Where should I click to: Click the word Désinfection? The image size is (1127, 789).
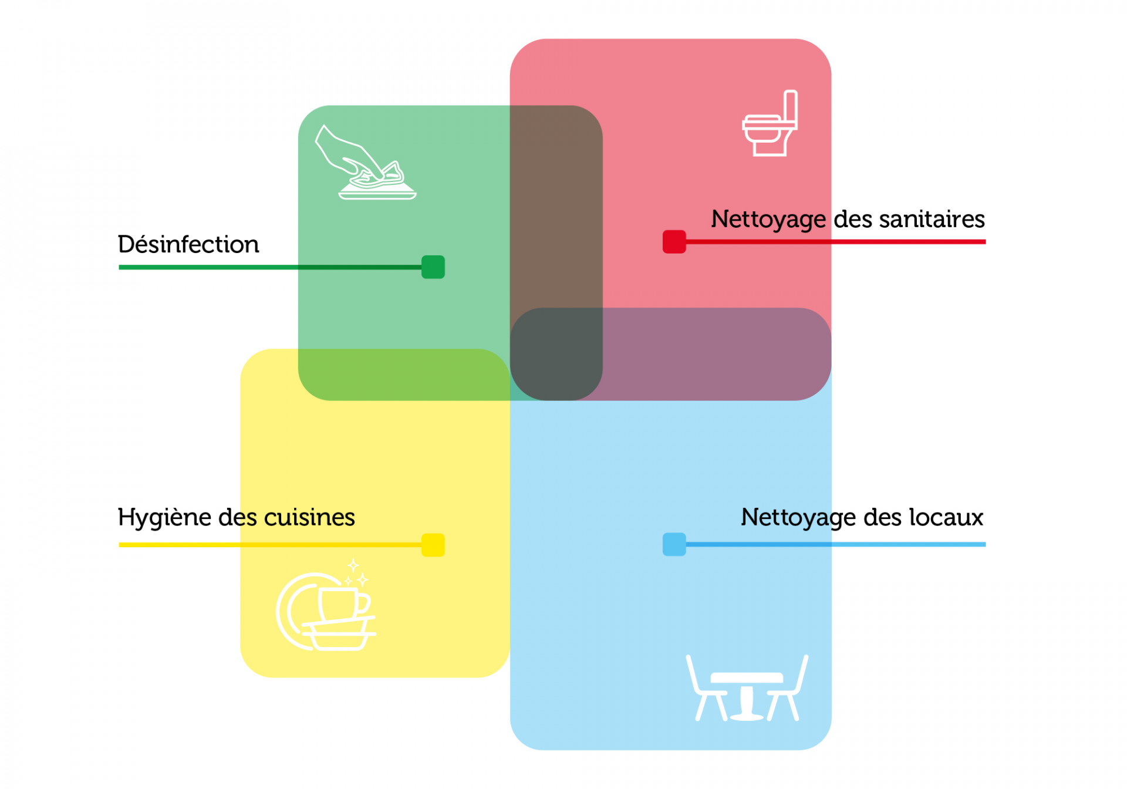(x=188, y=244)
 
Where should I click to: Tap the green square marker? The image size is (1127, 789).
(x=433, y=267)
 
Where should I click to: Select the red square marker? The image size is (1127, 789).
(x=674, y=242)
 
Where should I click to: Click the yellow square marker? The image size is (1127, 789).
(x=433, y=545)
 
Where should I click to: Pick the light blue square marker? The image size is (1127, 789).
(x=674, y=544)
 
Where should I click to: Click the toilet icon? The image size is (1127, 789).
(x=770, y=123)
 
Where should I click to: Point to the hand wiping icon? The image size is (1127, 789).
(x=365, y=162)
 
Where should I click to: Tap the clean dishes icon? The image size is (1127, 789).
(x=326, y=605)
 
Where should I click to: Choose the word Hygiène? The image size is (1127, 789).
(x=164, y=518)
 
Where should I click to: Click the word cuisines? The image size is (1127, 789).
(x=309, y=517)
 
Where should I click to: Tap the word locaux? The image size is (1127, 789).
(x=946, y=517)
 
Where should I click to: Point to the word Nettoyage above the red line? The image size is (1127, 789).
(x=768, y=220)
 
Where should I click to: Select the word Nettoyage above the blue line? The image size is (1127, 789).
(x=798, y=518)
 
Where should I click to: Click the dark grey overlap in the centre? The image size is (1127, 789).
(x=556, y=354)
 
